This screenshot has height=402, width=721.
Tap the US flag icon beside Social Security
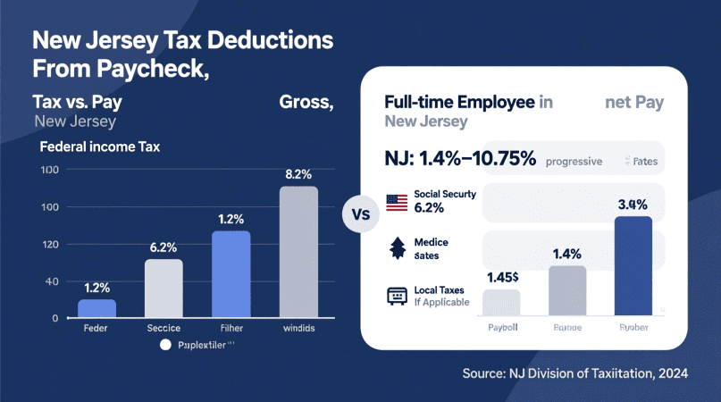click(x=397, y=202)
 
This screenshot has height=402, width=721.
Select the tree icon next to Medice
click(x=396, y=248)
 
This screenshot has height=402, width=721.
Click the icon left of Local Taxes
click(x=396, y=296)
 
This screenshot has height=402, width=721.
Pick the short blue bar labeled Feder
click(x=96, y=308)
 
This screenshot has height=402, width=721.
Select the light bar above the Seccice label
click(x=163, y=289)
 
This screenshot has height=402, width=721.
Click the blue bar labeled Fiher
click(x=231, y=274)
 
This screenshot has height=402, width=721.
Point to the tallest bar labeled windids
click(x=298, y=252)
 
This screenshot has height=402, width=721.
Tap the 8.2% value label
click(x=298, y=174)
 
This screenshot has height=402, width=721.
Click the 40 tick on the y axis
click(x=52, y=281)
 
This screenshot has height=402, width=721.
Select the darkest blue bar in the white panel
click(x=634, y=266)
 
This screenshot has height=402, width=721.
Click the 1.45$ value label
click(x=502, y=276)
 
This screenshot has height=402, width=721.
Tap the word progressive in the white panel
click(x=574, y=162)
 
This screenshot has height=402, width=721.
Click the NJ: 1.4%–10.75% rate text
click(x=460, y=160)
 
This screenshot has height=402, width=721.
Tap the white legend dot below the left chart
click(x=164, y=345)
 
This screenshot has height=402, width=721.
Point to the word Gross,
click(x=306, y=102)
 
